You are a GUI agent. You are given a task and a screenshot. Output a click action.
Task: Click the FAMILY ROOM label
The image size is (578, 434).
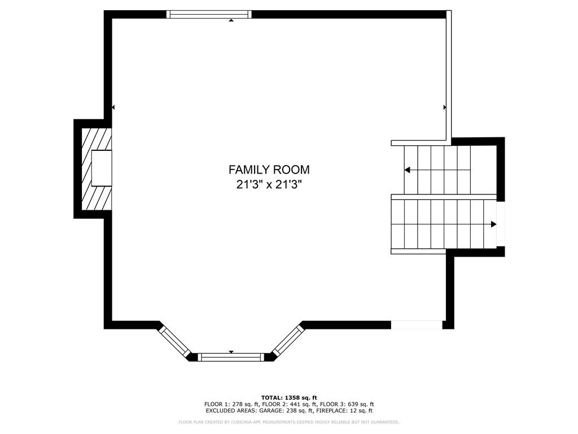[269, 170]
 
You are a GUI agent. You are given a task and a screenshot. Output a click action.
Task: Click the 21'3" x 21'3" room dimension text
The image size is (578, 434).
[269, 184]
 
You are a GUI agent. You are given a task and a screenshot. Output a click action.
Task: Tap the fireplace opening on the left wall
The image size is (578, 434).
[102, 168]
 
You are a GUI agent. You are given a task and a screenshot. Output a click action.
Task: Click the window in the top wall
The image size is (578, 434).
[209, 15]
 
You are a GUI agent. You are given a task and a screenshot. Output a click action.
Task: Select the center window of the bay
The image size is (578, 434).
[231, 357]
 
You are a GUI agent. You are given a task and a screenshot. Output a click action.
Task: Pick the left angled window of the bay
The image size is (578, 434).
[174, 340]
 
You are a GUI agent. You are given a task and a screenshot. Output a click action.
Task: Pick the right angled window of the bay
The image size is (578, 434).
[288, 340]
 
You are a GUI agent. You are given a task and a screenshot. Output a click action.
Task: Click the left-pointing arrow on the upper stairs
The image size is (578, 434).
[407, 170]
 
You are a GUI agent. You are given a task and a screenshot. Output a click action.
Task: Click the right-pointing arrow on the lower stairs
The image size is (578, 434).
[493, 224]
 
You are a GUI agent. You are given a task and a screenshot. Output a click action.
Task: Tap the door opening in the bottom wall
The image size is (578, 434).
[417, 325]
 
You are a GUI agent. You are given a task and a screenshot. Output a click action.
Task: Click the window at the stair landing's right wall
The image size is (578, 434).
[500, 224]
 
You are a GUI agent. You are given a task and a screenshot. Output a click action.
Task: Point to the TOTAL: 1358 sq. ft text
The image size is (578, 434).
[288, 397]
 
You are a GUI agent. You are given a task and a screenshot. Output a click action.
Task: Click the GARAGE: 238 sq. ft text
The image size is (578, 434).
[278, 411]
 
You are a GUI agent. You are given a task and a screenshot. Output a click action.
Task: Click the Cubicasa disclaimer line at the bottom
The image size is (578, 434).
[288, 422]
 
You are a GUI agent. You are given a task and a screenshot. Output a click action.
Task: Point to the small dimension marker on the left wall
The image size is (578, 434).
[113, 107]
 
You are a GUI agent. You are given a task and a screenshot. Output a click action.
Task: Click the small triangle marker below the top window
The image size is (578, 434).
[231, 21]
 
